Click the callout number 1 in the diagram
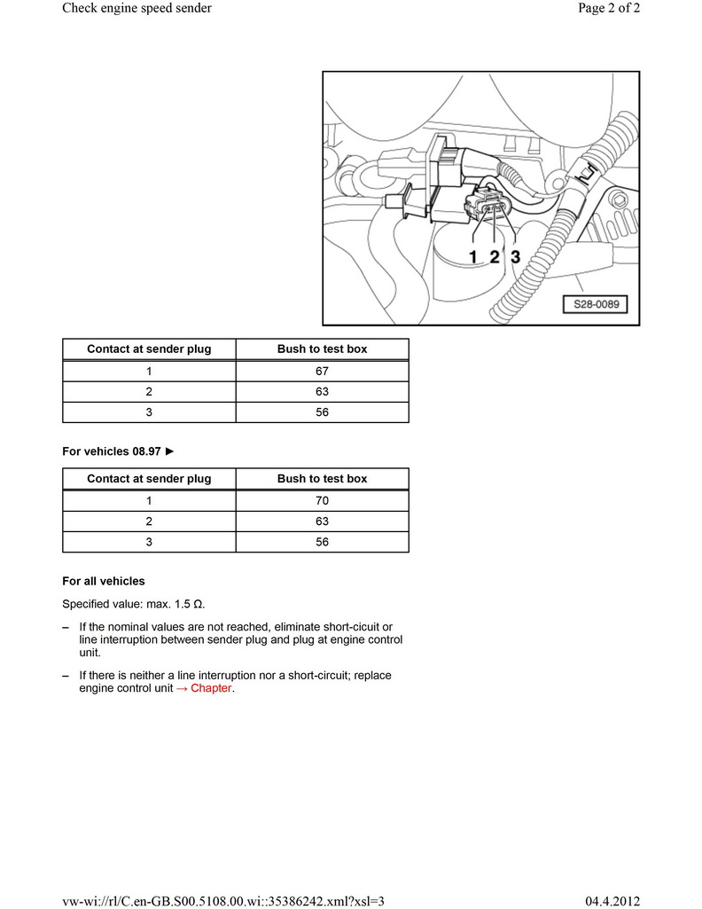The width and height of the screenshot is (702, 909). (473, 256)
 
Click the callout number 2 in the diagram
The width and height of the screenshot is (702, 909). (494, 256)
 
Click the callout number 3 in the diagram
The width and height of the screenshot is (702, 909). (514, 256)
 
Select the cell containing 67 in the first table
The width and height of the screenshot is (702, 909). (322, 371)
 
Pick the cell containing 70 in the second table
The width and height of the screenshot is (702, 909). (322, 500)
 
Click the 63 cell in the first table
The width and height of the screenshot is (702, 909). (322, 391)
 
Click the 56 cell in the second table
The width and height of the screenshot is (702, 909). (322, 541)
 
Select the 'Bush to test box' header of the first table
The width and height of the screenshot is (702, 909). (322, 349)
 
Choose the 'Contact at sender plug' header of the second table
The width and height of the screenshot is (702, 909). (149, 479)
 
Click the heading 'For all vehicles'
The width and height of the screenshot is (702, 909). (103, 582)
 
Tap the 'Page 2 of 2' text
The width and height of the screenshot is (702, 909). (607, 9)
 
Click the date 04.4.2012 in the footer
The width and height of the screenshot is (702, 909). (613, 900)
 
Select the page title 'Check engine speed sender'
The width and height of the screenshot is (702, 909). (136, 9)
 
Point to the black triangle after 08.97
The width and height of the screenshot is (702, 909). (170, 451)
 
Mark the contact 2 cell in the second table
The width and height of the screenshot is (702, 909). (149, 521)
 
